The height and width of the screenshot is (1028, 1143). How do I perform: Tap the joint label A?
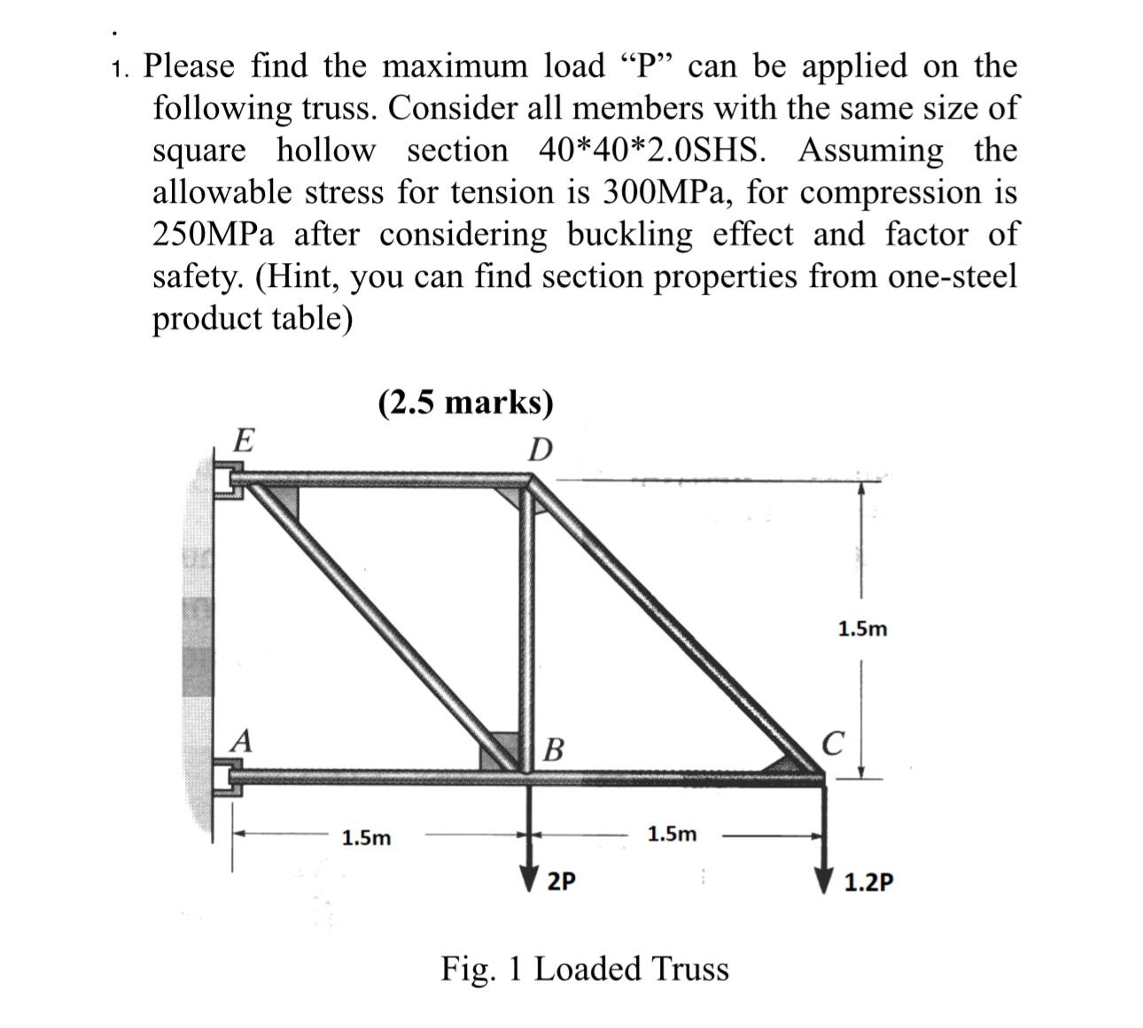tap(240, 740)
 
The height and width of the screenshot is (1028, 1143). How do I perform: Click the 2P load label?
tap(561, 881)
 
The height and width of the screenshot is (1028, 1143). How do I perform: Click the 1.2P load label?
tap(868, 883)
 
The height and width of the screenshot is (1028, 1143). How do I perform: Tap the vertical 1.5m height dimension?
tap(862, 630)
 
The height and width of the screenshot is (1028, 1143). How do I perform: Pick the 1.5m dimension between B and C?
tap(672, 834)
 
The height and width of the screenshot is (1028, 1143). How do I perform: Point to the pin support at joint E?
tap(226, 482)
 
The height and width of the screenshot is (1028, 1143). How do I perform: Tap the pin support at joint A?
tap(226, 779)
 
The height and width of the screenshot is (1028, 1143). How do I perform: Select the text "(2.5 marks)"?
tap(465, 403)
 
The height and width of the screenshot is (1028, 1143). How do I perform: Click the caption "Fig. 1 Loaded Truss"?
tap(585, 969)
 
